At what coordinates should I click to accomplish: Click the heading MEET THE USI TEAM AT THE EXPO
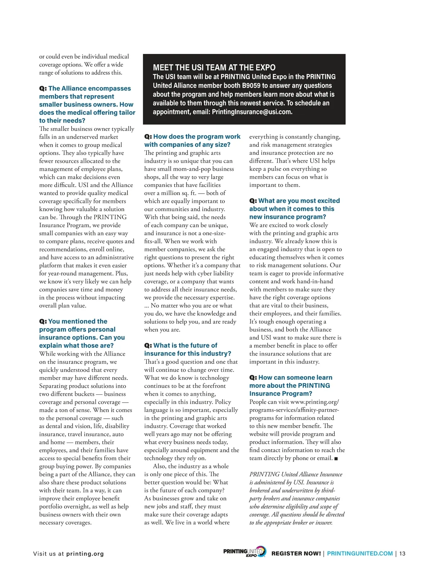214,68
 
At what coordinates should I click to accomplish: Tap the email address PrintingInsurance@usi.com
252,112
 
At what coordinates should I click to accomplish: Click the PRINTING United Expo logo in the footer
244,552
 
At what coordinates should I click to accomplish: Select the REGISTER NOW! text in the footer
296,554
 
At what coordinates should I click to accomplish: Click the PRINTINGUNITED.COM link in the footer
360,554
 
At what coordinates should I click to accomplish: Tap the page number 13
402,554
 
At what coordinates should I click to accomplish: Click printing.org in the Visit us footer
85,554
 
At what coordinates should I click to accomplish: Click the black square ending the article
336,459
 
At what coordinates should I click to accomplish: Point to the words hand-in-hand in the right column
315,281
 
